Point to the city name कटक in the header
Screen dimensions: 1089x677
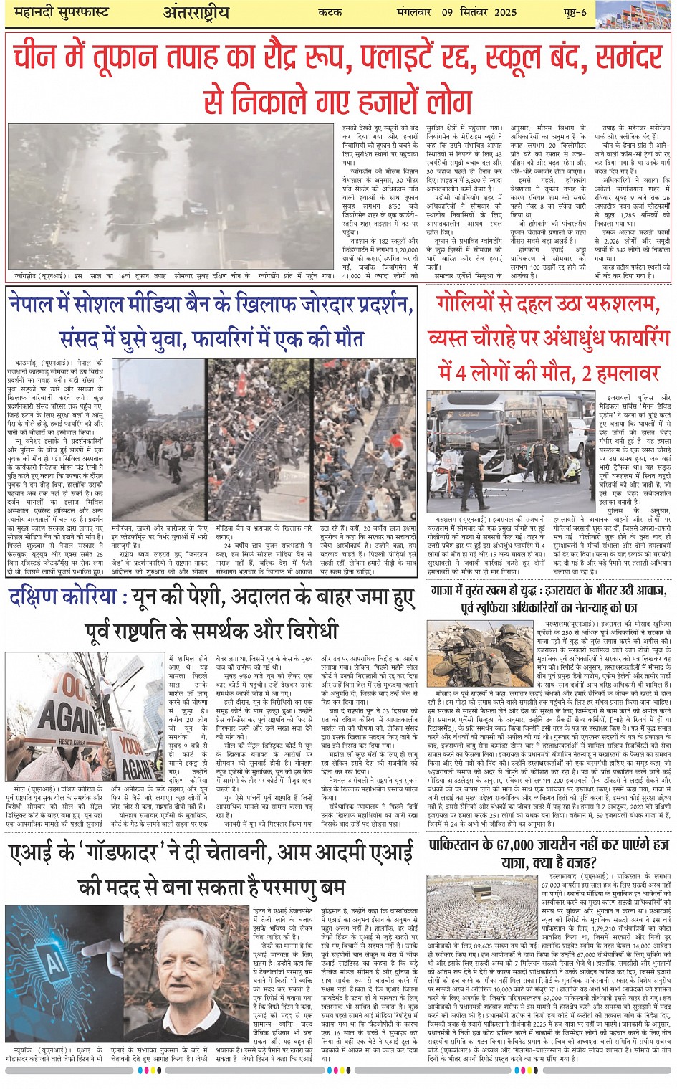click(330, 13)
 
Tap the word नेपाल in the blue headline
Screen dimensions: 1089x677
click(35, 305)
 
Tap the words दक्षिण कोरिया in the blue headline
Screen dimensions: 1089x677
click(62, 597)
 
